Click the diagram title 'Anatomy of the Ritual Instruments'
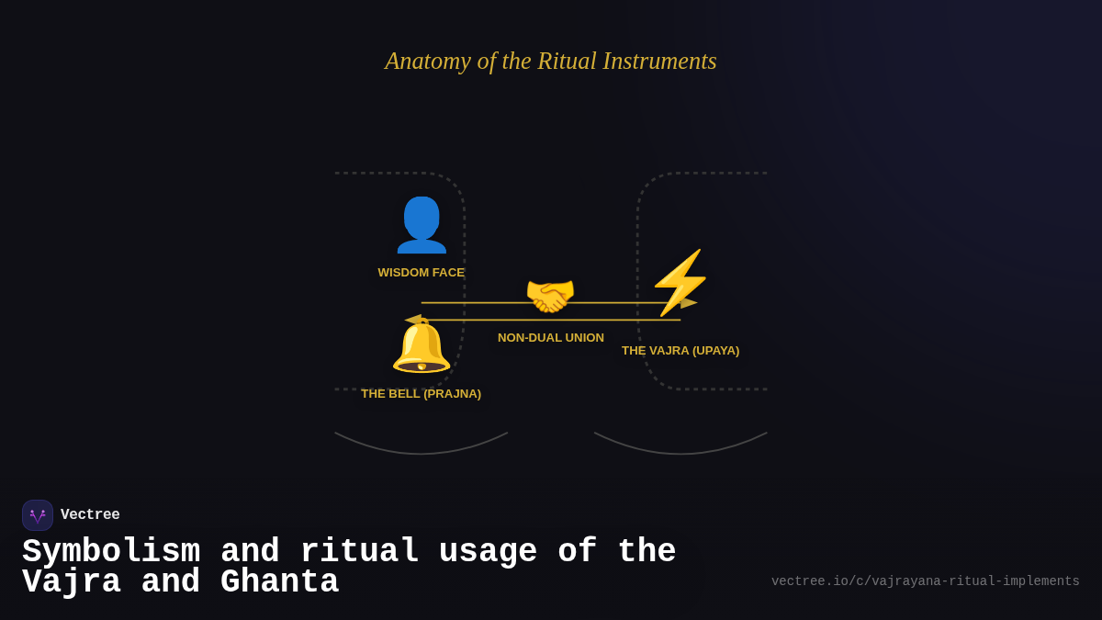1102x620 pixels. pyautogui.click(x=551, y=61)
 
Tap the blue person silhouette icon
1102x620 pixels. pyautogui.click(x=422, y=225)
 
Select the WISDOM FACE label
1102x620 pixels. pyautogui.click(x=421, y=273)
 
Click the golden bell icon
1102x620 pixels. pyautogui.click(x=422, y=347)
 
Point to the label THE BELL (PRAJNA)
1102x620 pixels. pyautogui.click(x=421, y=394)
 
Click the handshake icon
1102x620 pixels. pyautogui.click(x=550, y=296)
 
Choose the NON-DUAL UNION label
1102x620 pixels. pyautogui.click(x=551, y=338)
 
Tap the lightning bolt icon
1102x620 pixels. pyautogui.click(x=680, y=282)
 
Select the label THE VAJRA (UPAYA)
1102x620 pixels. pyautogui.click(x=680, y=351)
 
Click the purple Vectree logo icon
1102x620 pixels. pyautogui.click(x=38, y=515)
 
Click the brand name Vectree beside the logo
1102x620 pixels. pyautogui.click(x=90, y=515)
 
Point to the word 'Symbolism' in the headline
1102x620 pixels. pyautogui.click(x=111, y=552)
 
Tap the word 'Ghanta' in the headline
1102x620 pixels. pyautogui.click(x=279, y=582)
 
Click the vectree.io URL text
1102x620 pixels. pyautogui.click(x=925, y=581)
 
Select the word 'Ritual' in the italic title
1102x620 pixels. pyautogui.click(x=567, y=61)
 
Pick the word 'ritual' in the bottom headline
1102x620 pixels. pyautogui.click(x=359, y=552)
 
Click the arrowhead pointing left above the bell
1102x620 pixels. pyautogui.click(x=413, y=320)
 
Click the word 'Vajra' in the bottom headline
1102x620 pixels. pyautogui.click(x=72, y=582)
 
